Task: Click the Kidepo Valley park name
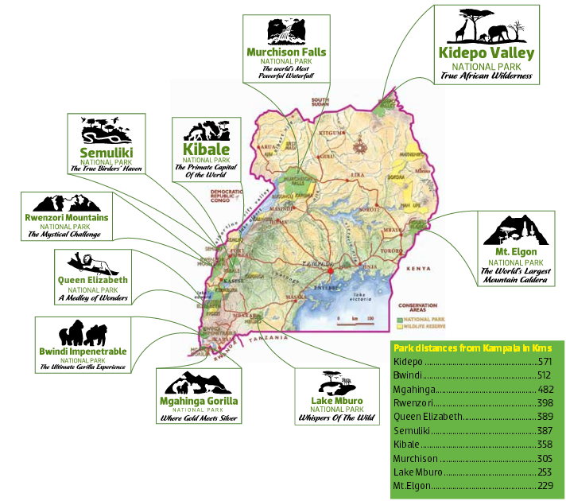point(487,53)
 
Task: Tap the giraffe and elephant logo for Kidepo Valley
point(487,28)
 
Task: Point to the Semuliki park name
point(106,152)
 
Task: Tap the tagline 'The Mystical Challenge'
point(64,235)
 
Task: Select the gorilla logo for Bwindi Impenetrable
point(83,332)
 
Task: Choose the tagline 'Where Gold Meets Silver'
point(199,417)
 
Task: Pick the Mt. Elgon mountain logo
point(516,231)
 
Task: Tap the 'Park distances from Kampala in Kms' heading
point(472,348)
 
